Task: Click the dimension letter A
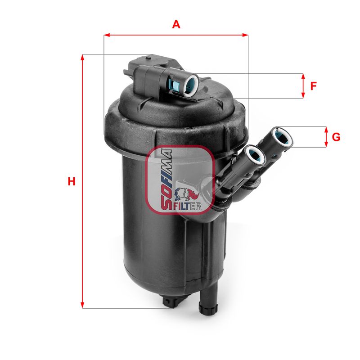coord(176,25)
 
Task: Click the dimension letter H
coord(71,182)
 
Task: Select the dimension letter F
coord(314,85)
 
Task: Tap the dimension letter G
coord(336,137)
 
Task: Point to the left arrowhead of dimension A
coord(106,34)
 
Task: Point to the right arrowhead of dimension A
coord(246,34)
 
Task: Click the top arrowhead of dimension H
coord(82,57)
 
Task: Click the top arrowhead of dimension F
coord(303,76)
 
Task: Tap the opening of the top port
coord(191,84)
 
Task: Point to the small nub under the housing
coord(171,302)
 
